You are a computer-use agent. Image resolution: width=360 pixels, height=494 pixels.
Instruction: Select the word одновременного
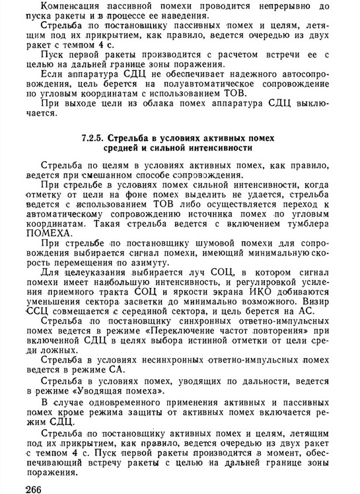(x=114, y=402)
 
